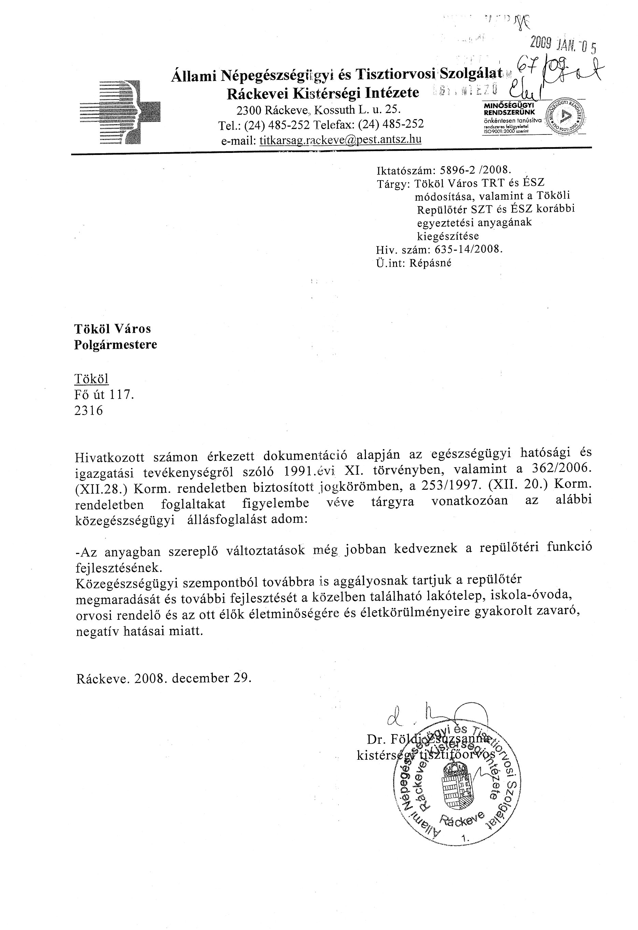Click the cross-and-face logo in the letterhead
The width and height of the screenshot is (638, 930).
point(120,112)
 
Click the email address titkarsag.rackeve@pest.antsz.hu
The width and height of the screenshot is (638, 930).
point(340,140)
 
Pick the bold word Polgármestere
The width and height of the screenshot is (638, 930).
point(115,345)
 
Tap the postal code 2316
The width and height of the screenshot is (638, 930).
point(88,411)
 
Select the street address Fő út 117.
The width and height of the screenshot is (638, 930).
point(104,395)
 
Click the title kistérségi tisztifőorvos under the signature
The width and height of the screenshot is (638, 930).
point(425,754)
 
